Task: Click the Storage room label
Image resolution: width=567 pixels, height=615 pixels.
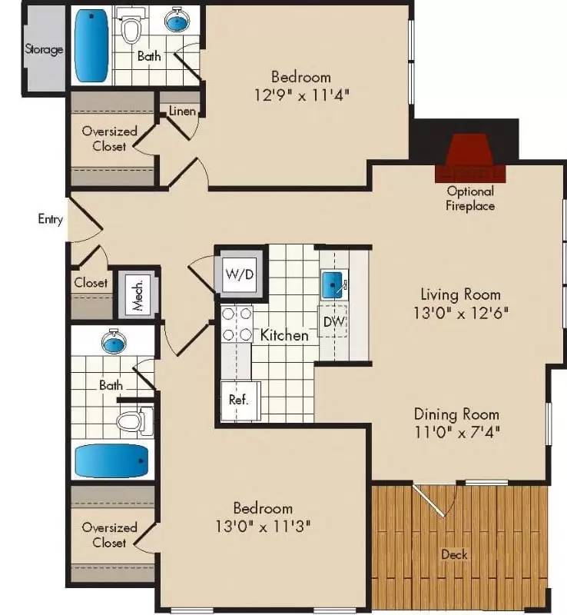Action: tap(44, 50)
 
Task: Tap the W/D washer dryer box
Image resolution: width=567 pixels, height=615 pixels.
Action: tap(239, 274)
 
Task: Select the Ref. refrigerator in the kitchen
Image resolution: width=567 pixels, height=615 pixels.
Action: tap(238, 401)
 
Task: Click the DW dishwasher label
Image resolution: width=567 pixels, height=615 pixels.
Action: tap(333, 321)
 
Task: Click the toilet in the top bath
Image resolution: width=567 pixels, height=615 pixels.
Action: tap(133, 29)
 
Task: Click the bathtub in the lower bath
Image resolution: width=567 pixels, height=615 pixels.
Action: tap(112, 461)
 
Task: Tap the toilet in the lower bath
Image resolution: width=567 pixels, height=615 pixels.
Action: tap(133, 421)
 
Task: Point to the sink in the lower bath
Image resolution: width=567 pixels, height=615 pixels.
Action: tap(114, 342)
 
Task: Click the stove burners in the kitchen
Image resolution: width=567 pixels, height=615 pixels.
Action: tap(237, 324)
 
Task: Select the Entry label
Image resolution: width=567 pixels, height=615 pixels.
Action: tap(50, 219)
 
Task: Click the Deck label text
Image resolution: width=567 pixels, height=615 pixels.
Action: tap(454, 554)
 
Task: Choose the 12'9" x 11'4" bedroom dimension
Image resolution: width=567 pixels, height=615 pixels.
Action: tap(300, 95)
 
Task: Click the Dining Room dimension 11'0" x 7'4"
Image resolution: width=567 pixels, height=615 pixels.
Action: tap(457, 431)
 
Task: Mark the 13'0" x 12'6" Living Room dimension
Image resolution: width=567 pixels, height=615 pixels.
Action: tap(460, 313)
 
